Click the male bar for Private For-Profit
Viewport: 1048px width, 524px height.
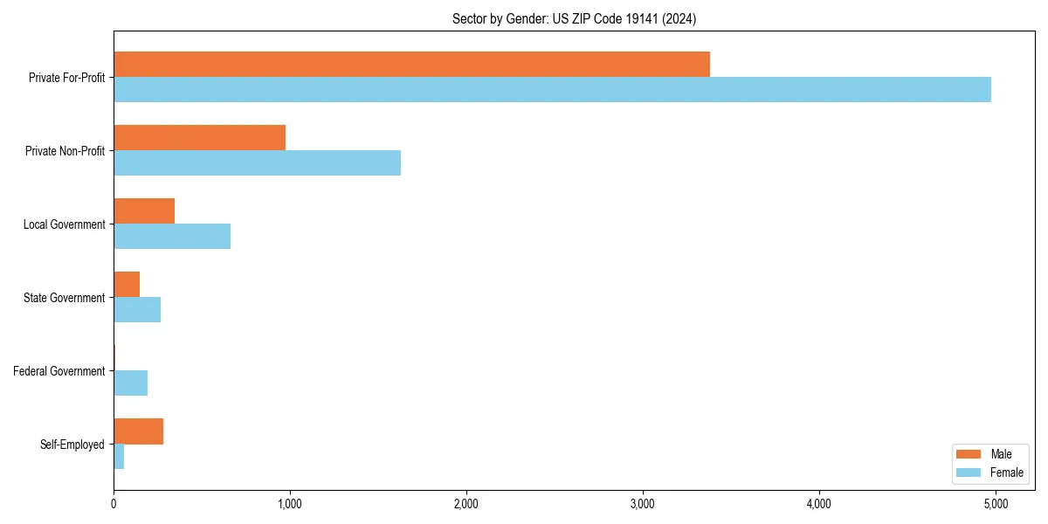(411, 65)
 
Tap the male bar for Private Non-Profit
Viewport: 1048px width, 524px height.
(200, 138)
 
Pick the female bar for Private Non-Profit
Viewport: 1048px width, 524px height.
(257, 162)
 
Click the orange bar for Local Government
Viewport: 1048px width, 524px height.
(144, 211)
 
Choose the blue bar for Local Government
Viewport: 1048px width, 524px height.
(172, 236)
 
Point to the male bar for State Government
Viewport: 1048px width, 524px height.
(127, 285)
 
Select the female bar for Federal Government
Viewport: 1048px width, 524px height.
(131, 383)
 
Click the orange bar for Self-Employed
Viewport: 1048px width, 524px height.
(138, 431)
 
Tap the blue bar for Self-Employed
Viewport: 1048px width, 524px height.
(119, 456)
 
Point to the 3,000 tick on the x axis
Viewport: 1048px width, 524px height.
(643, 504)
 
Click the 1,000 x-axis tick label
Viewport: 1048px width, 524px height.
(290, 504)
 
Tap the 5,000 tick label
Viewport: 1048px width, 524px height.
(996, 504)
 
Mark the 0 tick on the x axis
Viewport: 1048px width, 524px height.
(114, 504)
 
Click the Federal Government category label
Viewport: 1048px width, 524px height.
(59, 371)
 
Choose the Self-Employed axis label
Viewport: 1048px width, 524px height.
(72, 445)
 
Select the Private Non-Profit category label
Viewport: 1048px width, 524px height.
(65, 151)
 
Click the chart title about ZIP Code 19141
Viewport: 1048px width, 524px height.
(574, 18)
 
